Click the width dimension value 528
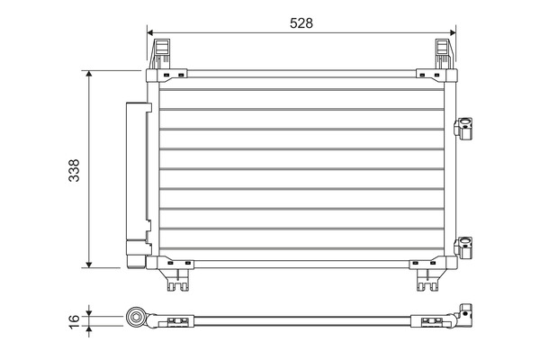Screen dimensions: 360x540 click(x=301, y=23)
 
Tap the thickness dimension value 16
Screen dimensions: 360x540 click(x=74, y=318)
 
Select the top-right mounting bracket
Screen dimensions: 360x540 click(x=444, y=54)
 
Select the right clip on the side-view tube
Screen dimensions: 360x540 click(x=424, y=319)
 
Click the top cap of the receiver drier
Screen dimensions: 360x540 click(x=138, y=105)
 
